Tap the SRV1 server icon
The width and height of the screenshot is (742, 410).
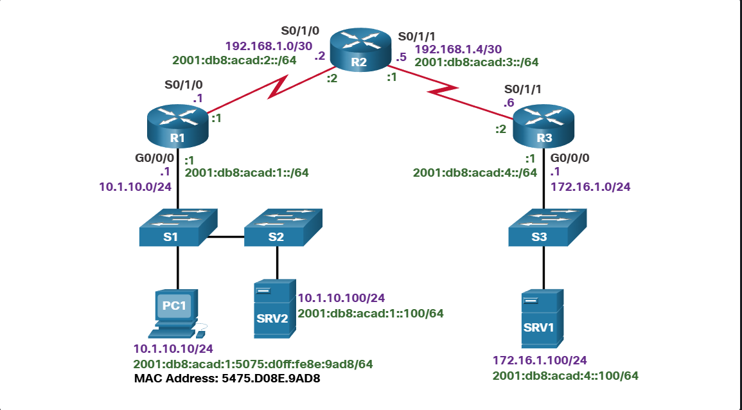coord(542,320)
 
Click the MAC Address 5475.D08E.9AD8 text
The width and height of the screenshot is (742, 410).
coord(227,378)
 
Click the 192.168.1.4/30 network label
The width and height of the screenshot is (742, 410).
coord(458,48)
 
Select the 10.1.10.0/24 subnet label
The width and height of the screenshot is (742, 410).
coord(135,186)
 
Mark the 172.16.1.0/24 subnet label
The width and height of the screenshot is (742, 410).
coord(590,186)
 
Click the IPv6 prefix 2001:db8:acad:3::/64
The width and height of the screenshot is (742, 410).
coord(476,62)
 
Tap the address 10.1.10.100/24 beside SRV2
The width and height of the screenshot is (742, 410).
coord(340,299)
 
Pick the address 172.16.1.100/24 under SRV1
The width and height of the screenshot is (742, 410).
coord(540,361)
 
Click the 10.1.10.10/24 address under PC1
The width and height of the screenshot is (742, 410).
coord(173,349)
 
